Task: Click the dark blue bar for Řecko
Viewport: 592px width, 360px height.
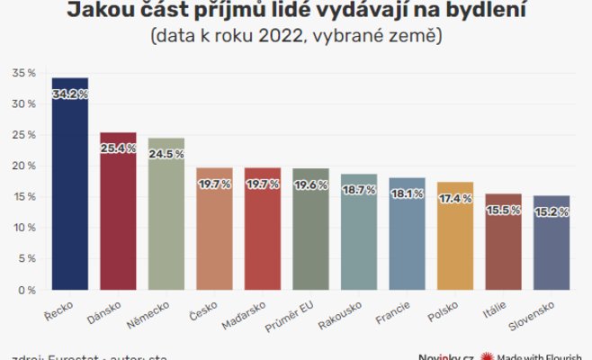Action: (x=70, y=189)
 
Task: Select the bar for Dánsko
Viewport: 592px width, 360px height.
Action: (x=118, y=216)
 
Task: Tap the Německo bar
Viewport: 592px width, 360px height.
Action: (x=166, y=220)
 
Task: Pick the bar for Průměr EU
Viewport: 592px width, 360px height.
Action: (x=310, y=234)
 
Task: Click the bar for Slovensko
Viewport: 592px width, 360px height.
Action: (x=551, y=247)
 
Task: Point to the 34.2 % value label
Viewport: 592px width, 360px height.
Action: (x=70, y=93)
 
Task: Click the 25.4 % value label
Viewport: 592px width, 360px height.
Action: (x=118, y=148)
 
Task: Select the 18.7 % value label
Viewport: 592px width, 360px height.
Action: (x=358, y=190)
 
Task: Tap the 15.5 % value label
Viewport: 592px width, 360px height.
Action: (x=503, y=210)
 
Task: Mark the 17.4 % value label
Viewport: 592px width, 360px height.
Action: (x=454, y=198)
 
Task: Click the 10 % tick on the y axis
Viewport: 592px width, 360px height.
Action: (x=23, y=228)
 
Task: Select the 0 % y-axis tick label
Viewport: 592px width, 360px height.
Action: (x=27, y=290)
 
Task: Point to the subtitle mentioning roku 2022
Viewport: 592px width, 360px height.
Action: (x=296, y=37)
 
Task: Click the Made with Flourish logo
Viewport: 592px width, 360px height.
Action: (x=535, y=355)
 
